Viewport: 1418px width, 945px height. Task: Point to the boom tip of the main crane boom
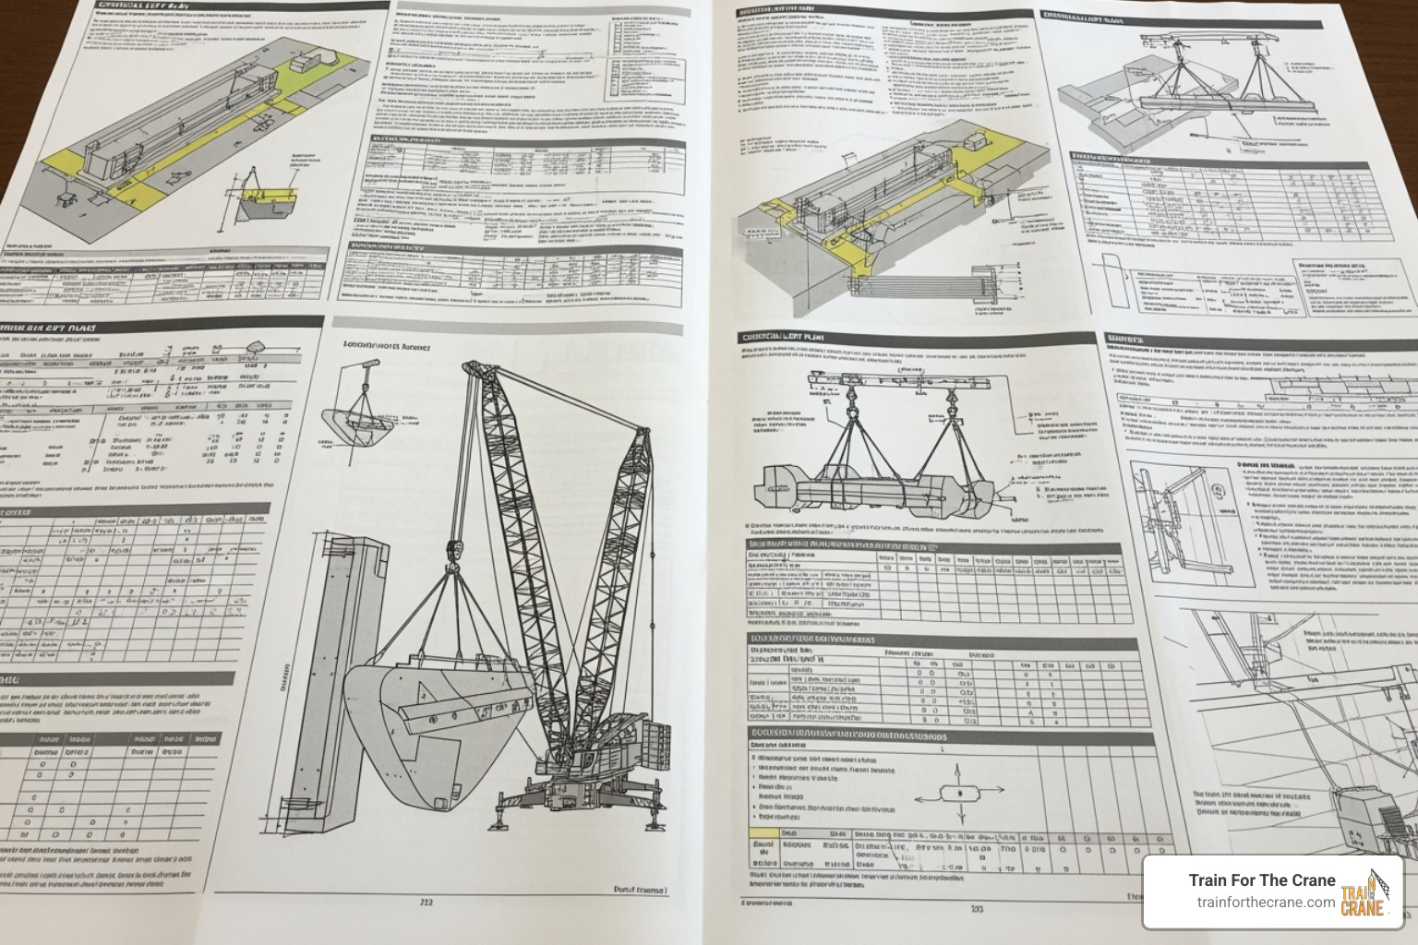[x=468, y=369]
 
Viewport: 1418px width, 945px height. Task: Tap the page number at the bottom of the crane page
[x=426, y=903]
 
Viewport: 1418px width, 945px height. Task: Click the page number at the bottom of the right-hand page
[x=977, y=908]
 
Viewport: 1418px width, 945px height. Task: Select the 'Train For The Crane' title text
[x=1262, y=879]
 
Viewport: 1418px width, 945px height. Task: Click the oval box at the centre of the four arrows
[x=960, y=791]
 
